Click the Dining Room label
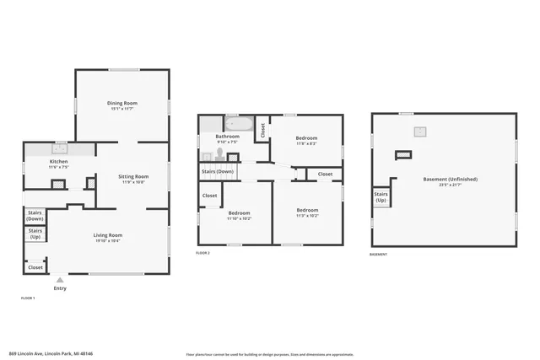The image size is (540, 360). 122,103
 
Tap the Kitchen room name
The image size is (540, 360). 58,161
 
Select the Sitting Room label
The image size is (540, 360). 133,176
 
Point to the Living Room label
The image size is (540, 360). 107,235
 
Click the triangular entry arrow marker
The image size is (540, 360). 59,280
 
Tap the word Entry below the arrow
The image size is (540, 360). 59,288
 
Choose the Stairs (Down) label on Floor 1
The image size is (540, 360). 35,215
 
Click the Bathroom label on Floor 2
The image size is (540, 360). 228,136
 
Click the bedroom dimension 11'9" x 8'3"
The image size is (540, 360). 306,143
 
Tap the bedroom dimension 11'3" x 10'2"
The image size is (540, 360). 307,215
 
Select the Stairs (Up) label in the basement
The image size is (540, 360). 381,197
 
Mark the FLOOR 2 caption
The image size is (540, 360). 202,253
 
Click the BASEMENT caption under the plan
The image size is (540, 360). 379,255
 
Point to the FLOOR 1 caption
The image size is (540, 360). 28,298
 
